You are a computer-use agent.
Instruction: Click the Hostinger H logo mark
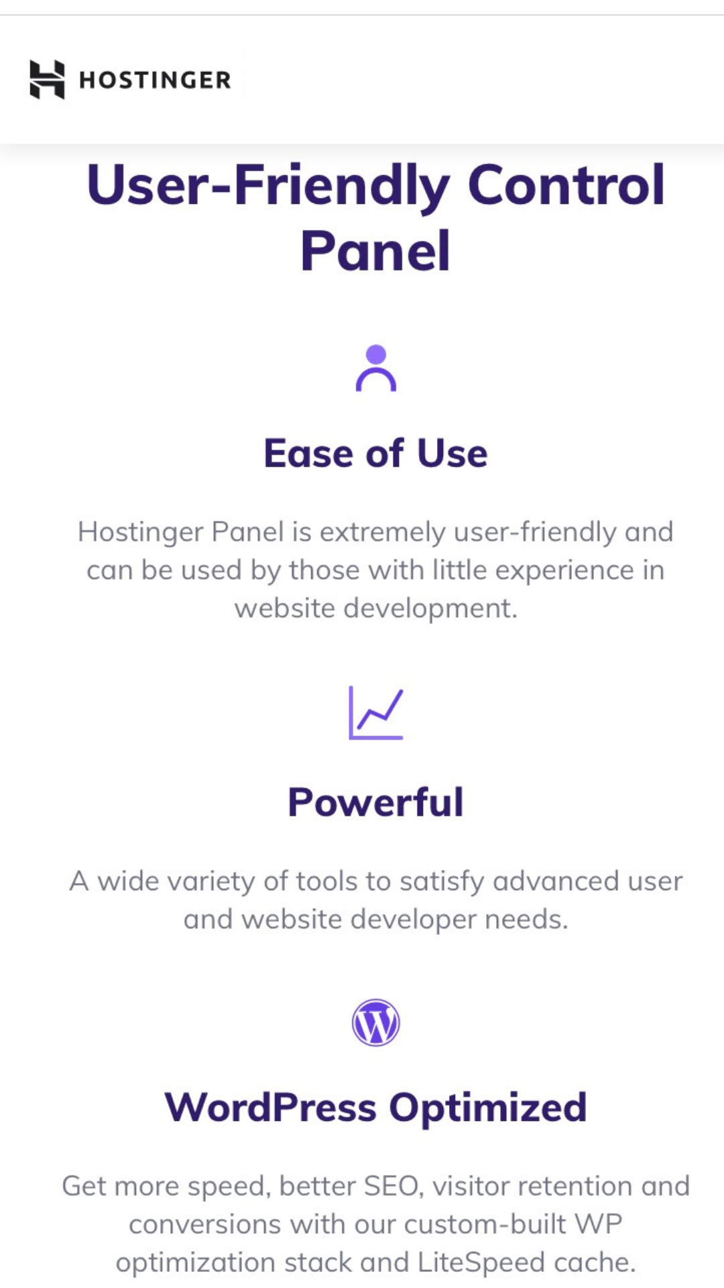coord(47,79)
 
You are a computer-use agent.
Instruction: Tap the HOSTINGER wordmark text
coord(155,80)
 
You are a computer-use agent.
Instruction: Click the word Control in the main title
coord(566,185)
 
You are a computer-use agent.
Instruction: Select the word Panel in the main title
coord(375,251)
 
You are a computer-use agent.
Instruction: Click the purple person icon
coord(376,368)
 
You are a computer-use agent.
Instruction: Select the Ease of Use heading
coord(375,453)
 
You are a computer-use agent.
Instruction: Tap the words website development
coord(375,609)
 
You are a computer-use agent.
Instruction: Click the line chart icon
coord(376,712)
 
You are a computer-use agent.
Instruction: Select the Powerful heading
coord(375,802)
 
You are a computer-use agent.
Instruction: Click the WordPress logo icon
coord(376,1022)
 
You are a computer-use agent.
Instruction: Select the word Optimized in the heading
coord(488,1108)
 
